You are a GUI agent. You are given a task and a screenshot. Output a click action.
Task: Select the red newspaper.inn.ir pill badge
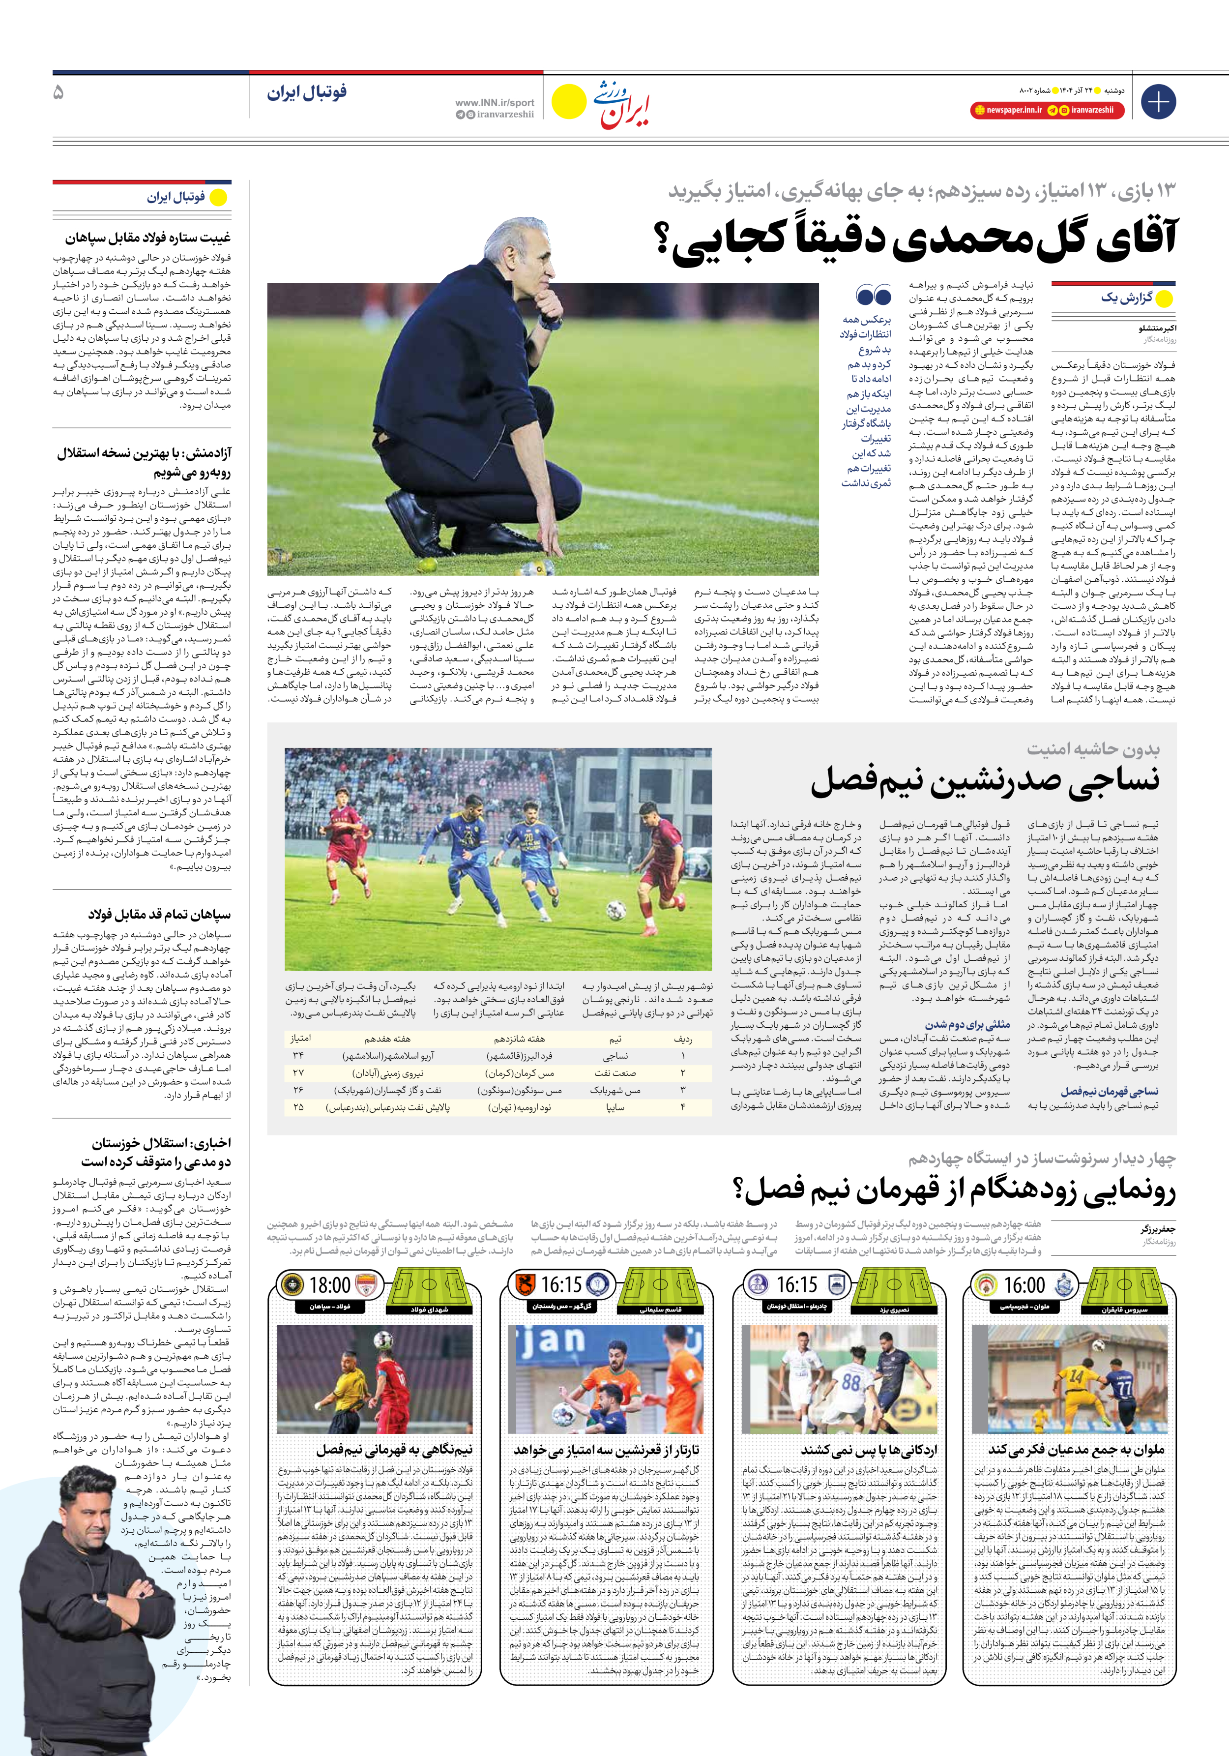1009,110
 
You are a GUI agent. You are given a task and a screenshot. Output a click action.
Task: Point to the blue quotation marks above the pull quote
874,295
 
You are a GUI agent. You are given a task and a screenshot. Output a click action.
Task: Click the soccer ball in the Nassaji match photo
615,910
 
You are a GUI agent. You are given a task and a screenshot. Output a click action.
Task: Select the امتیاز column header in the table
300,1039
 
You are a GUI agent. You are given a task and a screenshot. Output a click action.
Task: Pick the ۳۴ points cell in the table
298,1055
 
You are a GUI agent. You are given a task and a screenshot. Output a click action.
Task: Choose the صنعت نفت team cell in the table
615,1072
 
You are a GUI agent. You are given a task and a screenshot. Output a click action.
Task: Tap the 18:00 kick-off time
330,1285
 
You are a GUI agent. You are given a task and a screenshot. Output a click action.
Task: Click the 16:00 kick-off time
1024,1285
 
